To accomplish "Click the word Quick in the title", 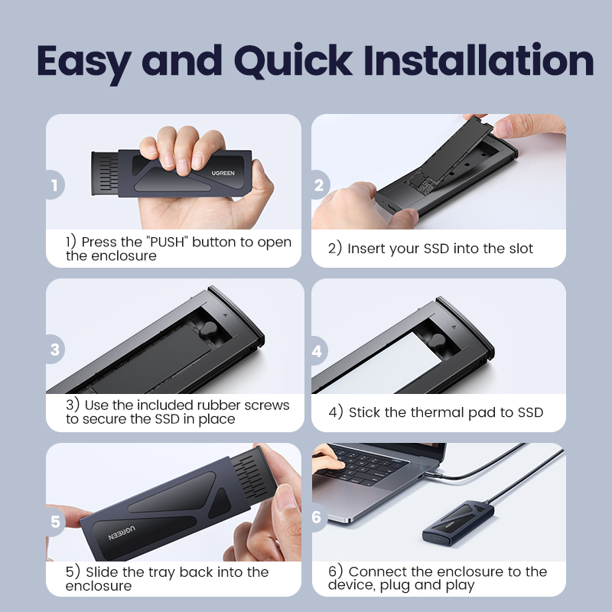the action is tap(293, 61).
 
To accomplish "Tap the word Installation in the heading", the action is tap(479, 60).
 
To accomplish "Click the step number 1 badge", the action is tap(54, 184).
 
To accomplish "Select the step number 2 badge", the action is tap(320, 184).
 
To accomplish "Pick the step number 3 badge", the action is tap(54, 350).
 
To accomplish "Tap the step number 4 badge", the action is tap(318, 350).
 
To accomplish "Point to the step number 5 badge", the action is tap(55, 522).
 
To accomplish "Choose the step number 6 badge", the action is tap(317, 517).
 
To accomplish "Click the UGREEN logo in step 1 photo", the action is tap(223, 173).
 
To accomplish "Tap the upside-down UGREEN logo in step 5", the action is tap(122, 533).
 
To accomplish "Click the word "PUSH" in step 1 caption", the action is tap(167, 242).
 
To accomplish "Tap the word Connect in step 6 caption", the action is tap(377, 571).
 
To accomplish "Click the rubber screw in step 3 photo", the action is tap(209, 330).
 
